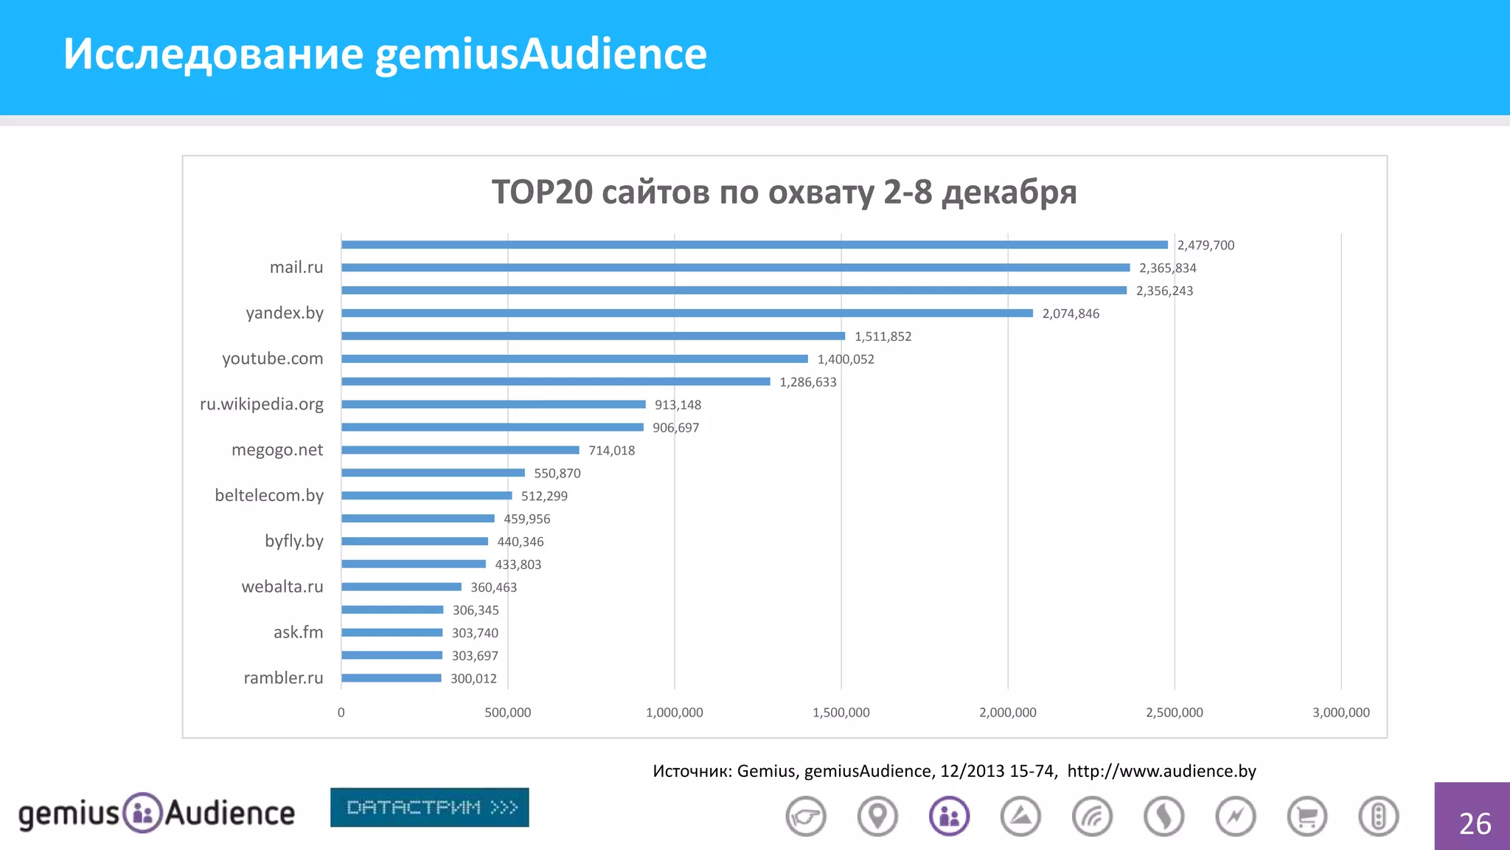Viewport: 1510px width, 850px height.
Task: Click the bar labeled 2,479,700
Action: point(754,245)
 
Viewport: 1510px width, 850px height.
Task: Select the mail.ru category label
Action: point(296,267)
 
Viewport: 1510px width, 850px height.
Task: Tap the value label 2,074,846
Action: point(1070,314)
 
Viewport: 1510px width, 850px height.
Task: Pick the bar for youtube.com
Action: point(574,359)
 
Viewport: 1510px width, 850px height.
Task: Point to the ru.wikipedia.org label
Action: point(262,404)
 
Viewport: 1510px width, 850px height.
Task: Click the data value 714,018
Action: point(611,450)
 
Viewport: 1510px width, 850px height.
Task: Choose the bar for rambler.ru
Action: point(391,678)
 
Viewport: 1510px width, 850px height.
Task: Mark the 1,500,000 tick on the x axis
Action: point(841,713)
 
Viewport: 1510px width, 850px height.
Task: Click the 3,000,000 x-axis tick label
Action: point(1340,713)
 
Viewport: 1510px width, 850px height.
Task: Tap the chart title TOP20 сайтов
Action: point(784,192)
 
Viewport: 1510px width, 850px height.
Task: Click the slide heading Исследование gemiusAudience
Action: point(384,54)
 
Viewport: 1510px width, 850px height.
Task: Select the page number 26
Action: point(1474,823)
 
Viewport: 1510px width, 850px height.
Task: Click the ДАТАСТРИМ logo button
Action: point(429,807)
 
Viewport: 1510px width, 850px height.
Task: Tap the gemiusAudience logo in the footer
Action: point(156,813)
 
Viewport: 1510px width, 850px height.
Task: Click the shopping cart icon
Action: point(1307,817)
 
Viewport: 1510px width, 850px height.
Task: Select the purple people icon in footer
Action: point(949,817)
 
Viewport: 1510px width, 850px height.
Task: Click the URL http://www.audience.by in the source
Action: point(1161,771)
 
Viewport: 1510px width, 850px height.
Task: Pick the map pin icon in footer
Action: point(877,817)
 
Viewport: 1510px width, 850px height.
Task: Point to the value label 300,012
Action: point(473,679)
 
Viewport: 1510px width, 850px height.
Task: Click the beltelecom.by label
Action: point(269,495)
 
